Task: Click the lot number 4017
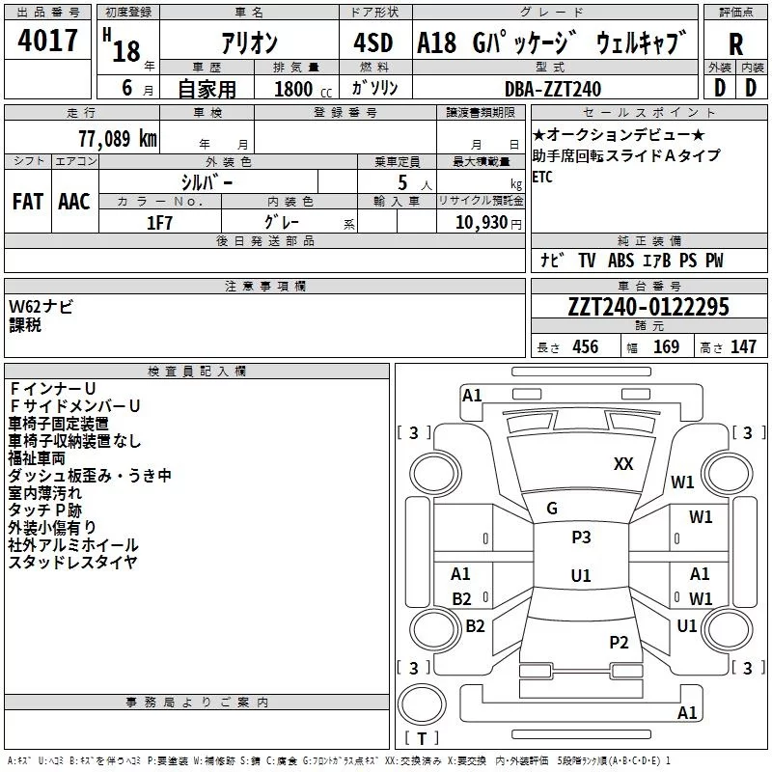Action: [47, 41]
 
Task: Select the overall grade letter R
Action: [735, 44]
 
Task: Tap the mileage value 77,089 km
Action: [118, 139]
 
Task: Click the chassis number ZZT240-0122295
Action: [648, 307]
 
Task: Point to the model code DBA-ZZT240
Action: [553, 89]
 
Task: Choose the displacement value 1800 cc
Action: [303, 89]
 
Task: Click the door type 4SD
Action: [373, 42]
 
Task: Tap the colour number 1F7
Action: [159, 223]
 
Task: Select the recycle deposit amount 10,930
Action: [482, 222]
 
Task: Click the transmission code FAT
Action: [28, 202]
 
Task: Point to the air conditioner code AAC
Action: [74, 202]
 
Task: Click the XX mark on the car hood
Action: [623, 464]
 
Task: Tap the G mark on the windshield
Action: [552, 509]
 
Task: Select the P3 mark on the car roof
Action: [581, 538]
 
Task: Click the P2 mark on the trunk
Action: [619, 643]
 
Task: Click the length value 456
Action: [586, 346]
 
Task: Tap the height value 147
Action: [743, 346]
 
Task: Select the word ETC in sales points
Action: [542, 177]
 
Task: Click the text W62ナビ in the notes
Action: [41, 307]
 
